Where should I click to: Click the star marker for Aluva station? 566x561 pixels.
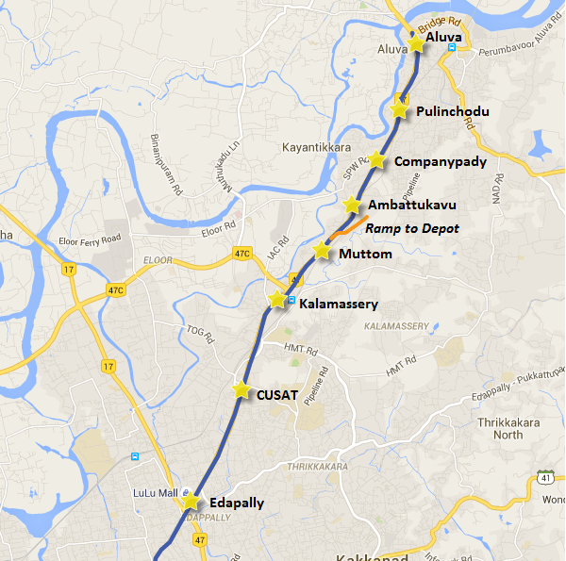416,42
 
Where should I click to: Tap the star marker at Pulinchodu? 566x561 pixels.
400,110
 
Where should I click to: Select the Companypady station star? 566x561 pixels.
376,160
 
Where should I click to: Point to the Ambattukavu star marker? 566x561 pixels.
352,205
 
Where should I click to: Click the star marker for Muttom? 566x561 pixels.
322,251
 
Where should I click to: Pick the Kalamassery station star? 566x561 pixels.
276,300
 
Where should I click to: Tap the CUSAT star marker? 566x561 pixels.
241,390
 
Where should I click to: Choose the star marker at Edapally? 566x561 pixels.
191,501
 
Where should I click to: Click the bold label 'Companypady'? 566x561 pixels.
441,161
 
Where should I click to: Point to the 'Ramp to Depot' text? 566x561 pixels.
412,228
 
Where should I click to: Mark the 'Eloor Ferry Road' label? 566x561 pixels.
90,239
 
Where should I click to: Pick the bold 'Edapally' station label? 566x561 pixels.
237,503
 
